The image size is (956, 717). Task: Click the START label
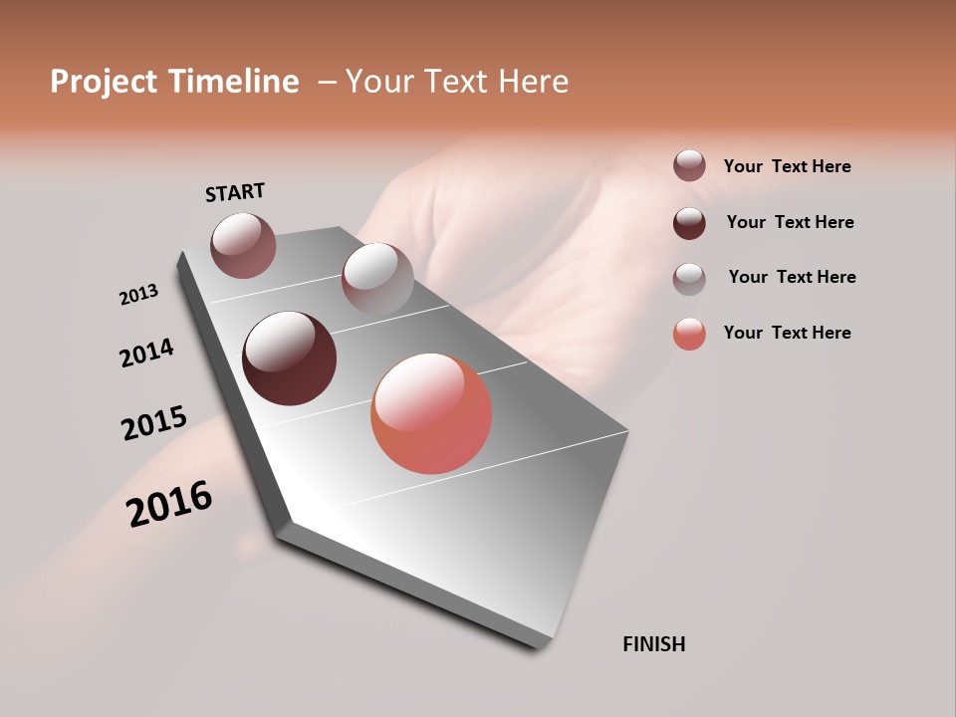click(235, 192)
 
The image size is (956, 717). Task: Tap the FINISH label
click(654, 644)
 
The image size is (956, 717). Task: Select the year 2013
click(138, 295)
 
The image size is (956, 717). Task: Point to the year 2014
click(146, 354)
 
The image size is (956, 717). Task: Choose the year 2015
click(154, 423)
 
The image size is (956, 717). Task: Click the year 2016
click(170, 504)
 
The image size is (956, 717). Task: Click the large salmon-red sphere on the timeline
click(431, 413)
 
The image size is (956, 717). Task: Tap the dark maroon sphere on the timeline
click(290, 358)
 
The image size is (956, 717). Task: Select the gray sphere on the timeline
click(377, 279)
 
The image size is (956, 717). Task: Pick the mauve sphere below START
click(243, 245)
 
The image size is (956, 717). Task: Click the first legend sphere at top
click(689, 165)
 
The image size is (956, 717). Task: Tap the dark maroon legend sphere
click(689, 222)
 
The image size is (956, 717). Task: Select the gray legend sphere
click(689, 278)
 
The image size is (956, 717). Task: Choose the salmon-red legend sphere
click(689, 334)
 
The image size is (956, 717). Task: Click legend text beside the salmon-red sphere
click(787, 333)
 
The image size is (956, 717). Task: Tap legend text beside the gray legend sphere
click(792, 277)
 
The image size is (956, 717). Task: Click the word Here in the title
click(534, 82)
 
